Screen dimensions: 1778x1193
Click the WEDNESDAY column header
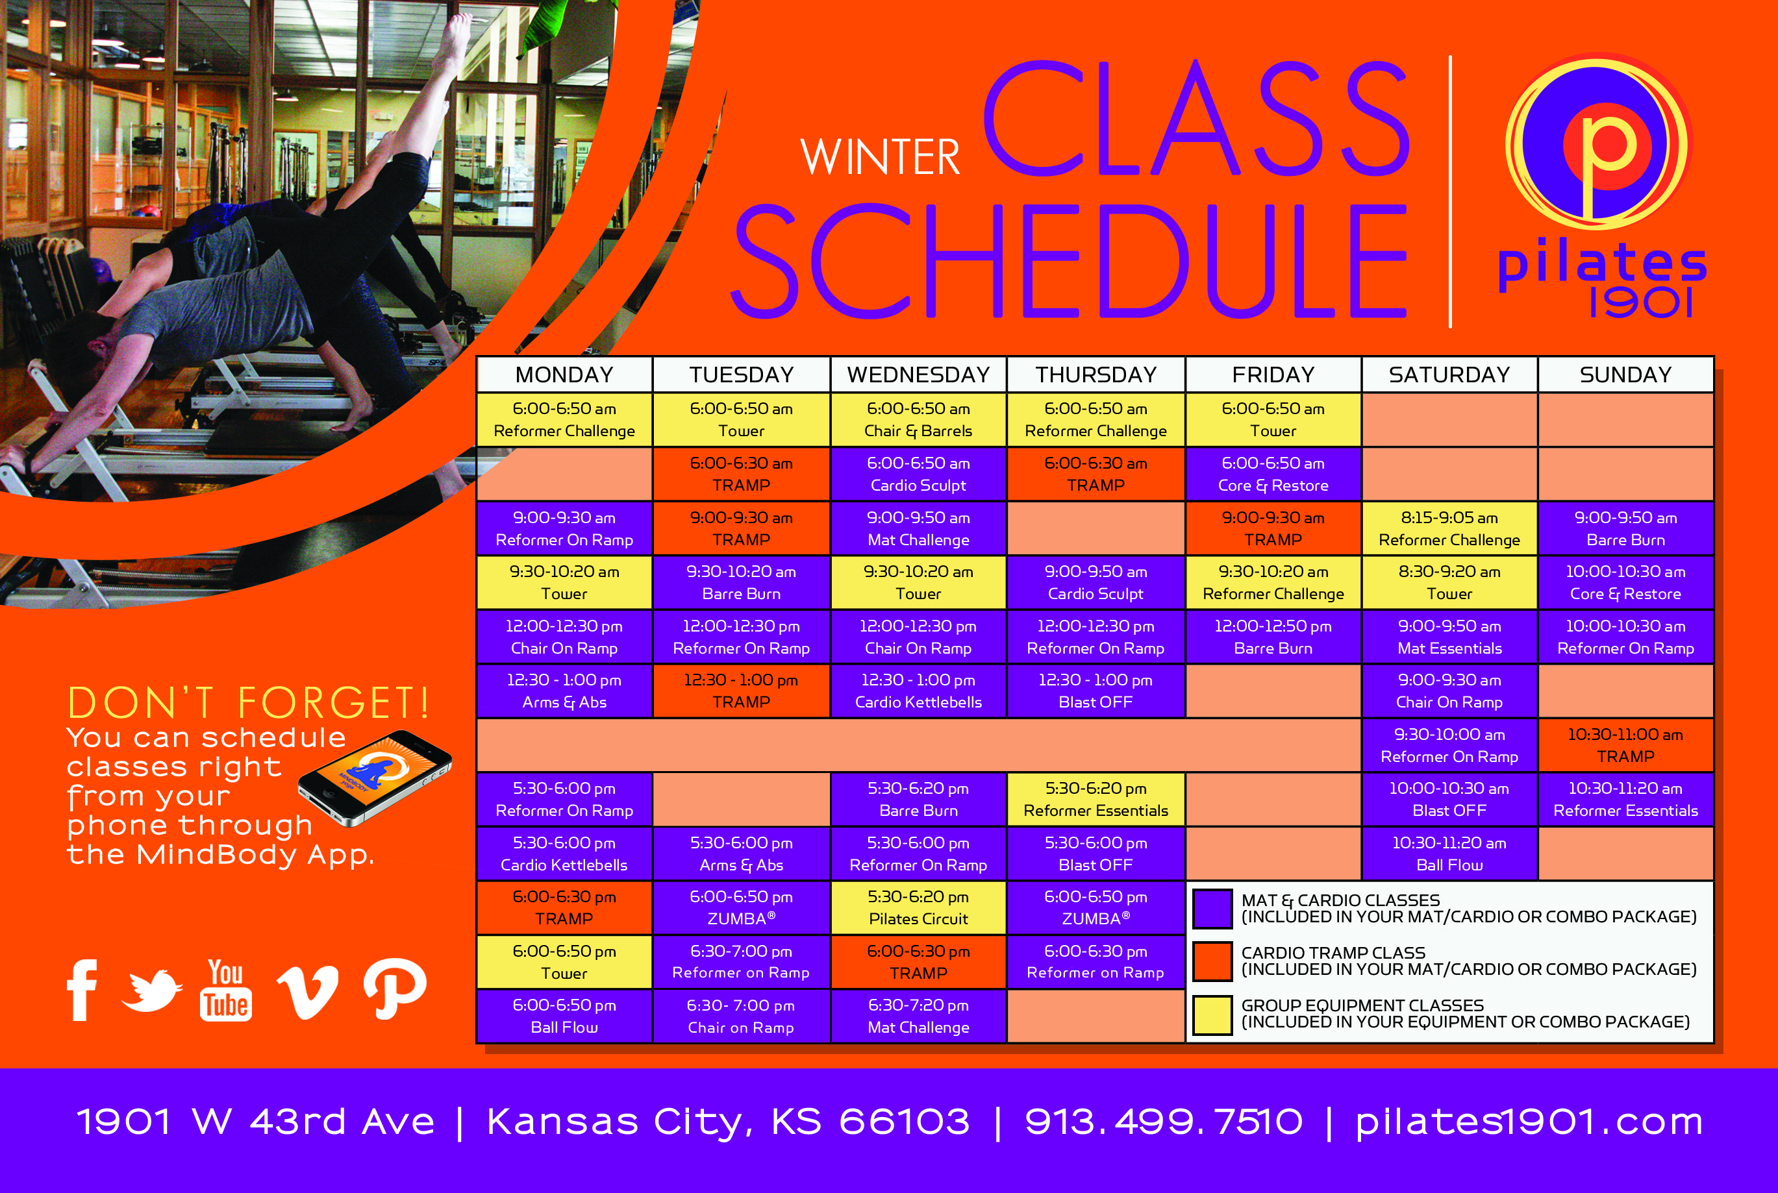[x=918, y=375]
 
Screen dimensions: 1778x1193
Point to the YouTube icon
[x=226, y=989]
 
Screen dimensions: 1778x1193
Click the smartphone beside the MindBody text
[x=375, y=778]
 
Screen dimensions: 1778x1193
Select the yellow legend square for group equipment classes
[x=1212, y=1016]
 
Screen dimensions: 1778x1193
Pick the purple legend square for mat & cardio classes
[x=1212, y=909]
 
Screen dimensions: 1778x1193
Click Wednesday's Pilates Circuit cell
[x=918, y=907]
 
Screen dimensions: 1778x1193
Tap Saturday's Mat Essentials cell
[x=1449, y=637]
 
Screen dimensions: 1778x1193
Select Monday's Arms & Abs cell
[x=564, y=691]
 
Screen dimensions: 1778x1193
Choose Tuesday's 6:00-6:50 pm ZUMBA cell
[x=742, y=907]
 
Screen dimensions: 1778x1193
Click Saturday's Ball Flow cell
[x=1449, y=854]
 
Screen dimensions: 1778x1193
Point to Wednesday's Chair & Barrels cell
[x=918, y=419]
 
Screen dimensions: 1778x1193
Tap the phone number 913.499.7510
[x=1164, y=1122]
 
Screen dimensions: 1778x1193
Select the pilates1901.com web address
[x=1529, y=1122]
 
